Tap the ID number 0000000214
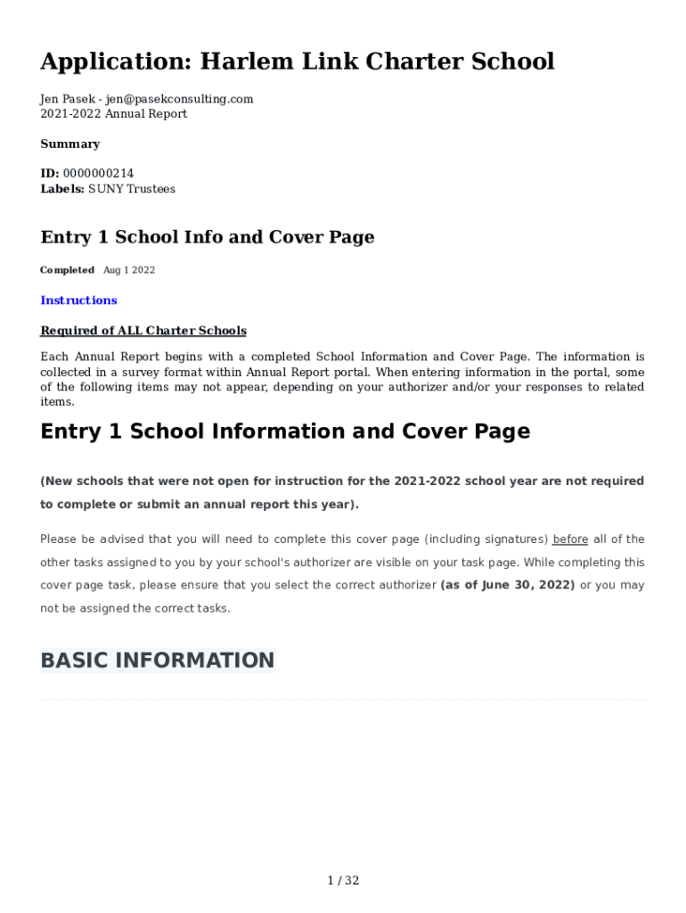pyautogui.click(x=98, y=174)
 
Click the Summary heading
pyautogui.click(x=69, y=144)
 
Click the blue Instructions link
pyautogui.click(x=78, y=300)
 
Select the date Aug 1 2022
pyautogui.click(x=129, y=270)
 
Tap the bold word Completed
pyautogui.click(x=67, y=270)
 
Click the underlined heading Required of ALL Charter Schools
pyautogui.click(x=143, y=331)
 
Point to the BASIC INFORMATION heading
pyautogui.click(x=157, y=661)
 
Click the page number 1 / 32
pyautogui.click(x=343, y=881)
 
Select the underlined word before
pyautogui.click(x=570, y=539)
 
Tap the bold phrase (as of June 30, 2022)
pyautogui.click(x=508, y=586)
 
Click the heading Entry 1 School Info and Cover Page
pyautogui.click(x=207, y=237)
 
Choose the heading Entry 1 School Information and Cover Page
pyautogui.click(x=285, y=432)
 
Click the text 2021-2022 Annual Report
pyautogui.click(x=114, y=114)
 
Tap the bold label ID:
pyautogui.click(x=50, y=174)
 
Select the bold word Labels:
pyautogui.click(x=62, y=189)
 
